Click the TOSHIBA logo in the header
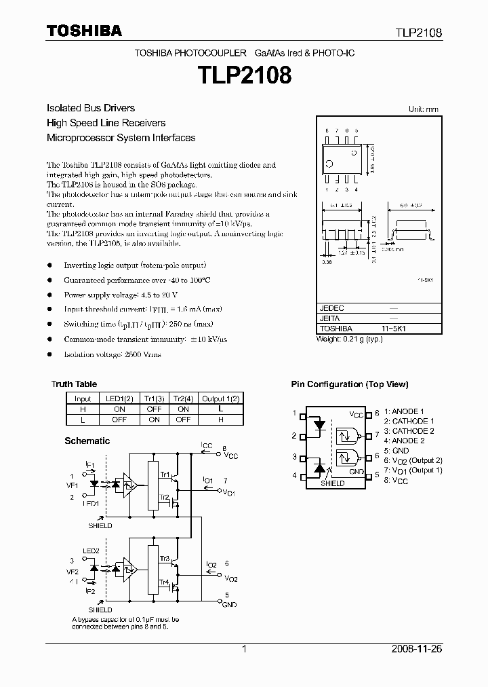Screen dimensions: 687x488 (x=84, y=31)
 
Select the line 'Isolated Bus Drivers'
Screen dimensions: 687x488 (x=90, y=108)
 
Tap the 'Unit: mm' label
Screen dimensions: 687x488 (x=423, y=109)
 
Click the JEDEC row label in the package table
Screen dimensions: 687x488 (x=331, y=308)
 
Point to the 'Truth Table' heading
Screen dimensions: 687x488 (x=74, y=384)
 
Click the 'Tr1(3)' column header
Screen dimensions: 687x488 (x=154, y=399)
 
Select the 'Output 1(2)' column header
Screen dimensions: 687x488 (x=221, y=399)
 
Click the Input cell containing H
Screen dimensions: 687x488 (x=83, y=409)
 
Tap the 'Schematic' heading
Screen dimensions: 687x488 (x=87, y=441)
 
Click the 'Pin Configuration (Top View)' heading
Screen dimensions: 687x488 (x=350, y=384)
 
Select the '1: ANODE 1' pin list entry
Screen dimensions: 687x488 (x=404, y=411)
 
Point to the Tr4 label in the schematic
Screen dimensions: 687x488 (x=165, y=582)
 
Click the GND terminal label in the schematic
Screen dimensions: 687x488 (x=230, y=604)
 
